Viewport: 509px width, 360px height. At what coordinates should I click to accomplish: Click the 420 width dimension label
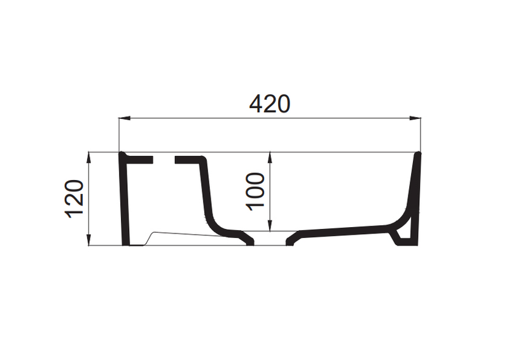pyautogui.click(x=269, y=104)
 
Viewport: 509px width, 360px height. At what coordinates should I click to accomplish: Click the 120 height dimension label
pyautogui.click(x=74, y=198)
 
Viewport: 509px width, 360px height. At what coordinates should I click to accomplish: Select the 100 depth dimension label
pyautogui.click(x=255, y=191)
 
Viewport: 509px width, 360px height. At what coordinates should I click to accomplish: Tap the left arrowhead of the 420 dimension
pyautogui.click(x=124, y=118)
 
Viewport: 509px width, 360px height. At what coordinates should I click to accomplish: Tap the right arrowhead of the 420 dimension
pyautogui.click(x=415, y=118)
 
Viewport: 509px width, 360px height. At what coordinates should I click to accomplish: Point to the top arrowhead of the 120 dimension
pyautogui.click(x=89, y=158)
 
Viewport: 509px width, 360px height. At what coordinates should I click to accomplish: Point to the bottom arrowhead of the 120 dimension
pyautogui.click(x=89, y=240)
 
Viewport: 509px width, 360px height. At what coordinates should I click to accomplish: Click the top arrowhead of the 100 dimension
pyautogui.click(x=270, y=158)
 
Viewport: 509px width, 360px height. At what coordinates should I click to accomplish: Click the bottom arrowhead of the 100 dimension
pyautogui.click(x=270, y=226)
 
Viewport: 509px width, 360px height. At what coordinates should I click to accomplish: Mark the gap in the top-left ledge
pyautogui.click(x=164, y=160)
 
